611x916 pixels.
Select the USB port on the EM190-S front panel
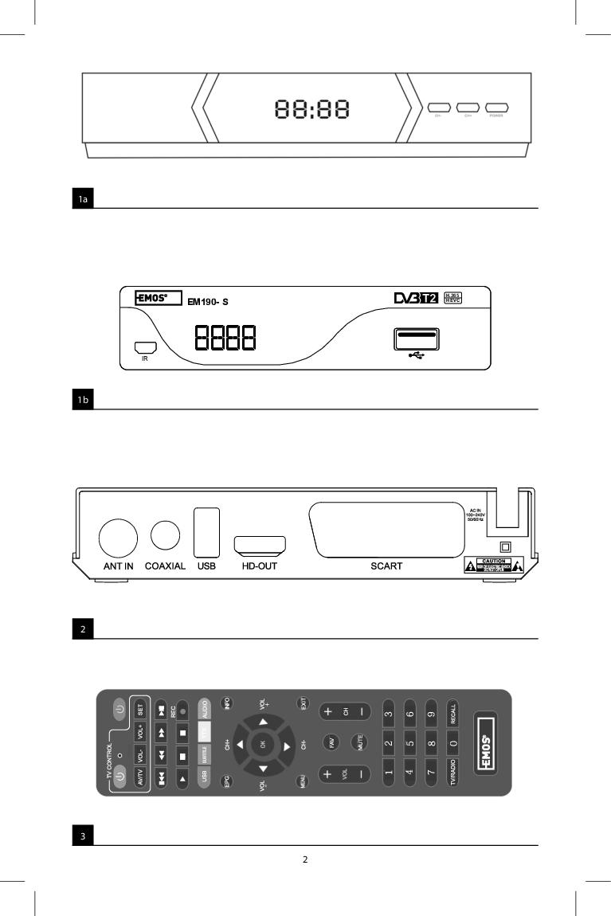pos(414,339)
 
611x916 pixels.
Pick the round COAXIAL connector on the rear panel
pos(165,535)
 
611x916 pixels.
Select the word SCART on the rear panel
pos(386,566)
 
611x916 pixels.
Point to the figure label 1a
pos(83,200)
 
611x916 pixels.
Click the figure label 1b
pos(83,401)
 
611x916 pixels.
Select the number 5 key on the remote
pos(409,742)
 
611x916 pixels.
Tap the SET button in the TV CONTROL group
pos(139,707)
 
